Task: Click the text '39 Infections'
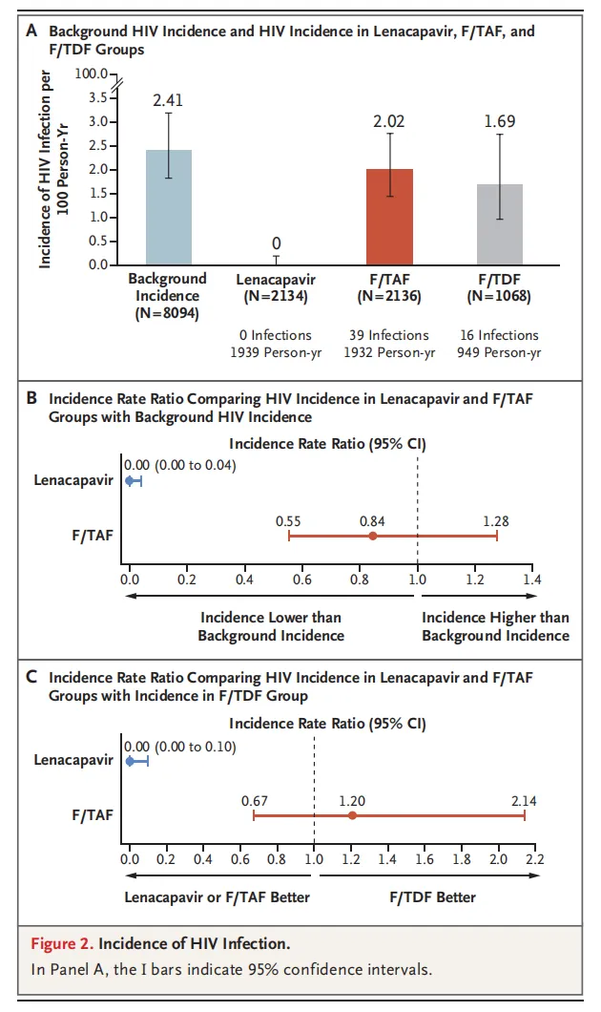click(x=389, y=335)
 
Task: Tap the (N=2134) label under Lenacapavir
click(x=276, y=296)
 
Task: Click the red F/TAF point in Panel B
click(x=372, y=536)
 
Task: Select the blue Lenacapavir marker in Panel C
click(x=130, y=761)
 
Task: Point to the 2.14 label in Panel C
click(x=524, y=800)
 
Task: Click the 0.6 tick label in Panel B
click(x=302, y=579)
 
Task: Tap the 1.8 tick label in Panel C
click(x=461, y=858)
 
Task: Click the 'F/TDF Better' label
click(x=430, y=896)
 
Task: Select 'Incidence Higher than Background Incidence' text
click(x=495, y=626)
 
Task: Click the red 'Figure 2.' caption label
click(x=63, y=944)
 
